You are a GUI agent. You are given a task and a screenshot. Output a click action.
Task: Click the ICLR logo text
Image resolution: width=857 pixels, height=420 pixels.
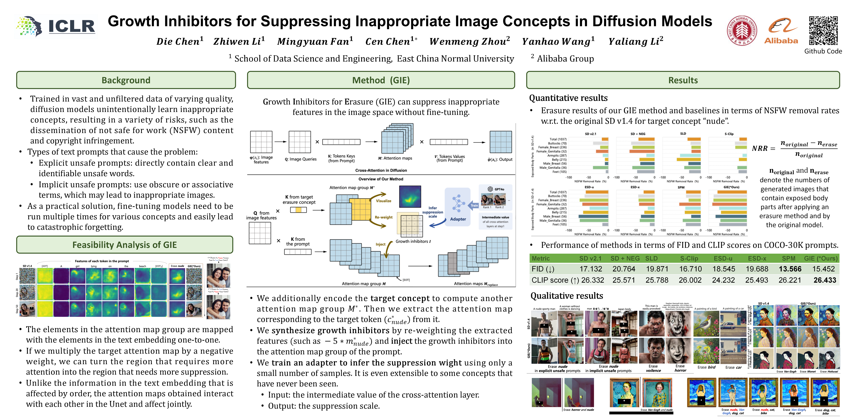pyautogui.click(x=71, y=26)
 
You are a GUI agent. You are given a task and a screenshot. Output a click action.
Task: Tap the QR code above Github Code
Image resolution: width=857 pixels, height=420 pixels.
pyautogui.click(x=823, y=31)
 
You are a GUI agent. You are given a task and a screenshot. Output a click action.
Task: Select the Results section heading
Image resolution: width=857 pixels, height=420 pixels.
pyautogui.click(x=683, y=80)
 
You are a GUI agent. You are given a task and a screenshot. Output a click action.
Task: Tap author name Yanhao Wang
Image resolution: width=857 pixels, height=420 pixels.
pyautogui.click(x=558, y=42)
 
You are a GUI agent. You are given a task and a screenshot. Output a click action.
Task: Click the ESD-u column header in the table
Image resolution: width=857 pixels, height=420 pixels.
pyautogui.click(x=723, y=259)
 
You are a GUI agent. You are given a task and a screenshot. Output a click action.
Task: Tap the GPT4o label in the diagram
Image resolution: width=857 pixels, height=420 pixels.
pyautogui.click(x=499, y=189)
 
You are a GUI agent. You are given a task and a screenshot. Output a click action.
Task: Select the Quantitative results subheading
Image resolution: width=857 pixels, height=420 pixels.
pyautogui.click(x=568, y=98)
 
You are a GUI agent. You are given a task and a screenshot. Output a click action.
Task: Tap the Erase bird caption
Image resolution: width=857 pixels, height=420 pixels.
pyautogui.click(x=706, y=367)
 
